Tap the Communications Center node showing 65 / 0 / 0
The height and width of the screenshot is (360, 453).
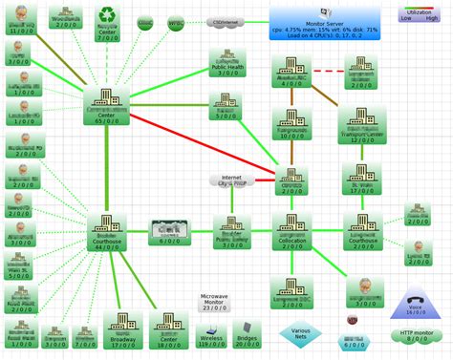(x=107, y=106)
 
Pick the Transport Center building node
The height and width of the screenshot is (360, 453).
(x=360, y=121)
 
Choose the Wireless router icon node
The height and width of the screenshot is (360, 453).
(x=210, y=333)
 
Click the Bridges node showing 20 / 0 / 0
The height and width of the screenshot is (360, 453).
(x=248, y=334)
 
